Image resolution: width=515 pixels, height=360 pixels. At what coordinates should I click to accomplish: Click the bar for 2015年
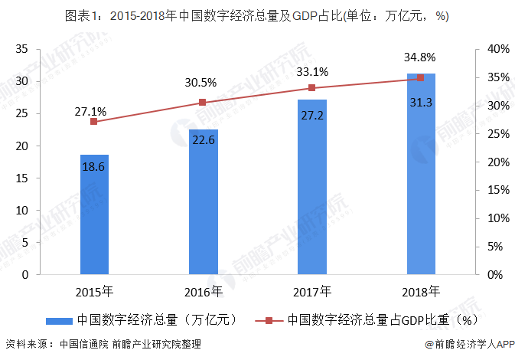click(x=94, y=214)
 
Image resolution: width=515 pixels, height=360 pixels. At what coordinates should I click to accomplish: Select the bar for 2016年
click(x=203, y=201)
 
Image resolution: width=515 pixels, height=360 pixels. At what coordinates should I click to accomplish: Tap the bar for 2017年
click(x=311, y=187)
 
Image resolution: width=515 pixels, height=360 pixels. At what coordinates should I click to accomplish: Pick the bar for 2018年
click(x=420, y=174)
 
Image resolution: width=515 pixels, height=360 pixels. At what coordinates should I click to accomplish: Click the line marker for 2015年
click(x=94, y=122)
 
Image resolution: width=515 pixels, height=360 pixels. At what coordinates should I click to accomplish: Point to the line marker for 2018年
click(x=420, y=78)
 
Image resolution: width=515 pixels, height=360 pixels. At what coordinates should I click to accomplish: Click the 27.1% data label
click(x=90, y=112)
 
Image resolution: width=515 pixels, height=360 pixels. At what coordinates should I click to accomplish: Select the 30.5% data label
click(x=200, y=83)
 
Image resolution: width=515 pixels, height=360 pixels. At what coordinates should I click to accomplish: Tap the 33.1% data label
click(x=311, y=72)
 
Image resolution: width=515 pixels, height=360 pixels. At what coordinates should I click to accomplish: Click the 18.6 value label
click(x=94, y=165)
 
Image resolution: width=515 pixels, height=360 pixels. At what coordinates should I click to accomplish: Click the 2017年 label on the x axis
click(x=311, y=292)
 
